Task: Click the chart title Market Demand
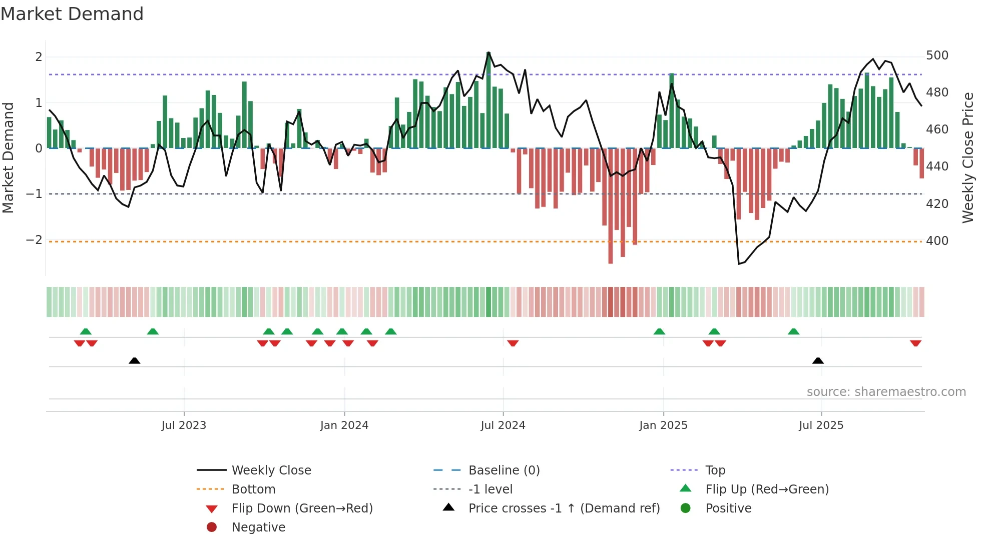[72, 14]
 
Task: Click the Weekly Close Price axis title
[968, 157]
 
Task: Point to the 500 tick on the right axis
[937, 55]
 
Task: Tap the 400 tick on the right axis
[937, 241]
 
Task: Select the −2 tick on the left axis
[34, 240]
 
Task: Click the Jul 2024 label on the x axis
[503, 425]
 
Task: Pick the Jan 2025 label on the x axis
[663, 425]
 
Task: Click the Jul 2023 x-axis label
[184, 425]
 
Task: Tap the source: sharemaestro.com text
[886, 392]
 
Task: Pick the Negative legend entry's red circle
[212, 527]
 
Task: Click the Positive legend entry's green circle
[686, 508]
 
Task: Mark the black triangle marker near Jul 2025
[818, 361]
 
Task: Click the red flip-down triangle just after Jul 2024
[513, 343]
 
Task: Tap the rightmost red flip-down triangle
[915, 343]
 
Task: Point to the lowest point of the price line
[739, 263]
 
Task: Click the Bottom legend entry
[253, 489]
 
